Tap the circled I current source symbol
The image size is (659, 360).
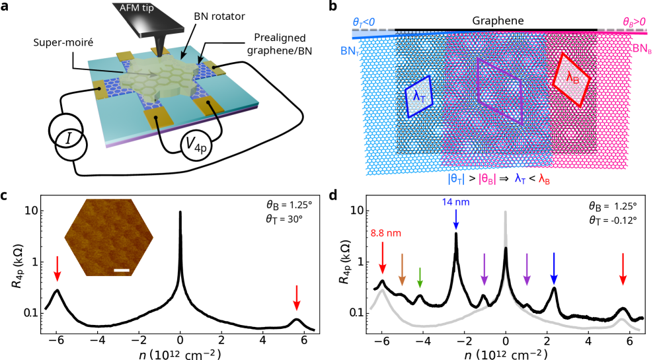(68, 137)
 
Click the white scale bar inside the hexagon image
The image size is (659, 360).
(121, 270)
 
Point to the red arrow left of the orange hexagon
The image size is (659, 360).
(58, 268)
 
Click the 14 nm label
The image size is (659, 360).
(455, 201)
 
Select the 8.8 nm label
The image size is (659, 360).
(385, 233)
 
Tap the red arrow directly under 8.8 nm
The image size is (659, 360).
(382, 258)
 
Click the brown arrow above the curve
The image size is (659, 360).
(402, 270)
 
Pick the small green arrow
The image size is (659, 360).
(420, 277)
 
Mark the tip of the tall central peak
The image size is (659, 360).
(506, 213)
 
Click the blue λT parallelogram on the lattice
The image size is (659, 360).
(418, 96)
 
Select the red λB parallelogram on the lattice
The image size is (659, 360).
(570, 79)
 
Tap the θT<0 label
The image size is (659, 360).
(364, 22)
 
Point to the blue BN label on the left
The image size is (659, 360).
(350, 50)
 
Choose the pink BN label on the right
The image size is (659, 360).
(641, 48)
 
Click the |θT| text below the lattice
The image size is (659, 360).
(456, 178)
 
